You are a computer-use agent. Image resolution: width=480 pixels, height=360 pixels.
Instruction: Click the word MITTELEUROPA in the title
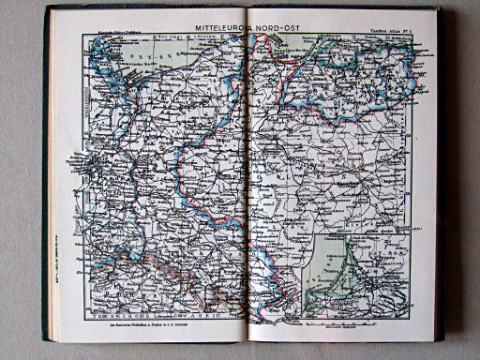[x=219, y=28]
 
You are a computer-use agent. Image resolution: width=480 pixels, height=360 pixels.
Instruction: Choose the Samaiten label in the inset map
[x=383, y=265]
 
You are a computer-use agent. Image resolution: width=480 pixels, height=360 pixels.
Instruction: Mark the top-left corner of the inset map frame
[x=309, y=234]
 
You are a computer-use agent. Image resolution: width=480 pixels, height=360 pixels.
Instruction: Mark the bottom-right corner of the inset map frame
[x=411, y=313]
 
